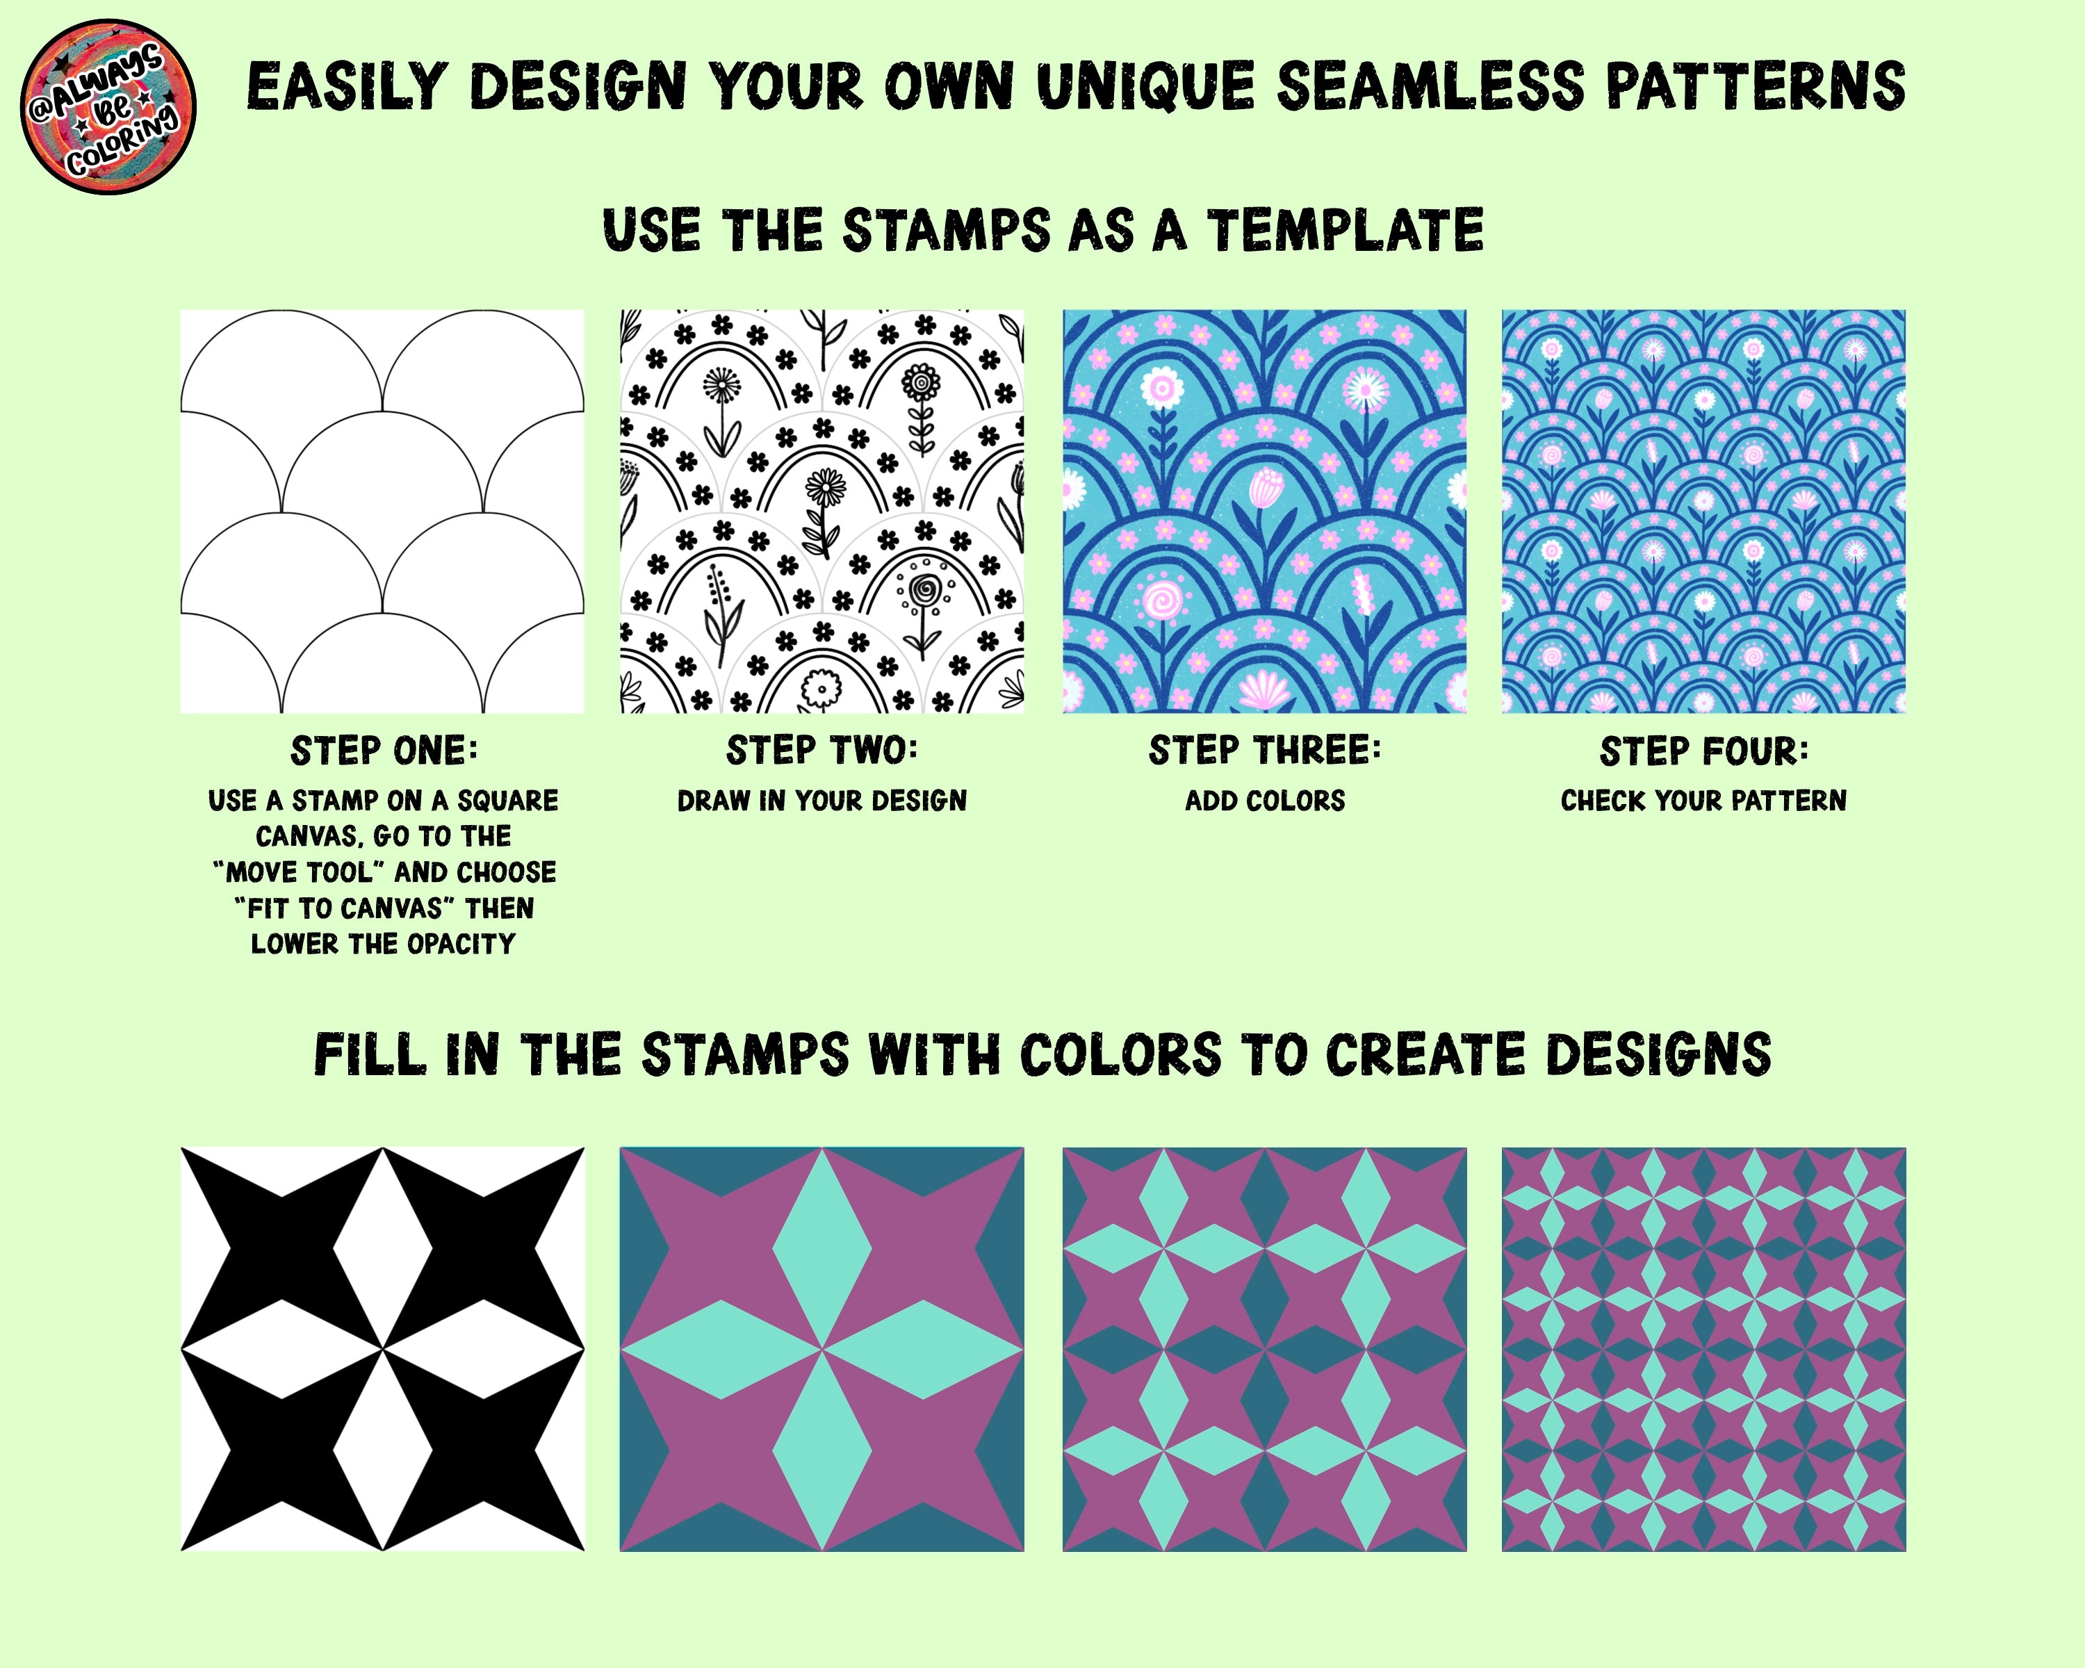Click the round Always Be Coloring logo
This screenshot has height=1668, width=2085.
(108, 106)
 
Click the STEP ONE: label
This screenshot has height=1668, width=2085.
(384, 751)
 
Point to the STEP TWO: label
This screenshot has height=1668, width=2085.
(822, 751)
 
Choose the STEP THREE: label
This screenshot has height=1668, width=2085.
(1265, 751)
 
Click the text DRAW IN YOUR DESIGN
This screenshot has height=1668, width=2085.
(822, 801)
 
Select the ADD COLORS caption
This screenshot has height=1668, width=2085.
(1265, 801)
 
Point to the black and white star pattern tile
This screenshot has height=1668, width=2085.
(383, 1349)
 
